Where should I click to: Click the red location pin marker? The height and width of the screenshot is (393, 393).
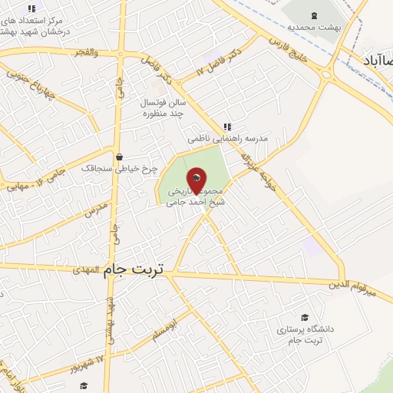(196, 181)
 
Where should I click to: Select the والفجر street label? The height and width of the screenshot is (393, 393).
(86, 52)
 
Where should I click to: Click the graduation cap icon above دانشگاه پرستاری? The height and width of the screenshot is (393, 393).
(305, 317)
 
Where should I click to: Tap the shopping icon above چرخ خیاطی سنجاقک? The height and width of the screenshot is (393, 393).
(117, 156)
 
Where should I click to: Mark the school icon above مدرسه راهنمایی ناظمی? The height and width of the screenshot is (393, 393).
(226, 127)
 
